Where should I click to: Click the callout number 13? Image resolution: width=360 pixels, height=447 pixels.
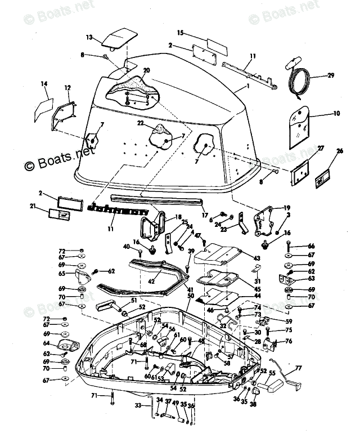point(89,37)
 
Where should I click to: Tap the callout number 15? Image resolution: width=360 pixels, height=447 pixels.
point(181,33)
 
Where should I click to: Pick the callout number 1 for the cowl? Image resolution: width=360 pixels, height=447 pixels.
point(246,87)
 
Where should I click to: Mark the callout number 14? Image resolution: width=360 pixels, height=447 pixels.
point(44,84)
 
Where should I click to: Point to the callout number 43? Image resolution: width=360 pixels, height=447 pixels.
point(256,258)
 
